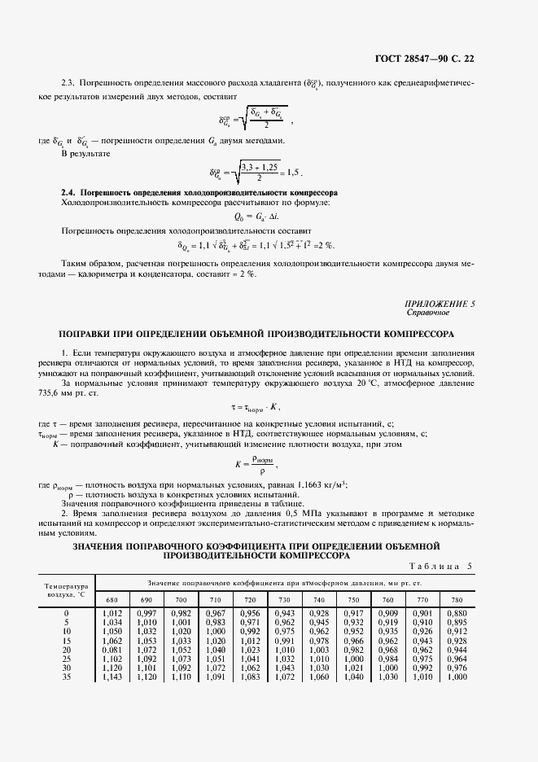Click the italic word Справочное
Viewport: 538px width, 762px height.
(427, 313)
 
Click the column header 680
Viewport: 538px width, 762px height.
(112, 601)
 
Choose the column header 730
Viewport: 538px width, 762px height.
(285, 601)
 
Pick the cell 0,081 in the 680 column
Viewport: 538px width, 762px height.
(112, 650)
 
